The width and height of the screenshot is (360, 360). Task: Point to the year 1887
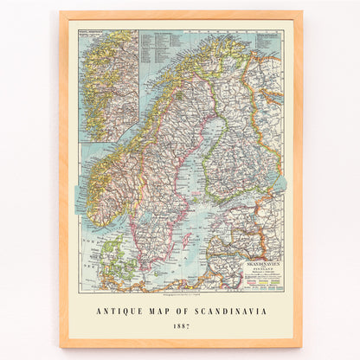pos(181,327)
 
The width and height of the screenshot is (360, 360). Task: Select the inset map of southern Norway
pos(108,85)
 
